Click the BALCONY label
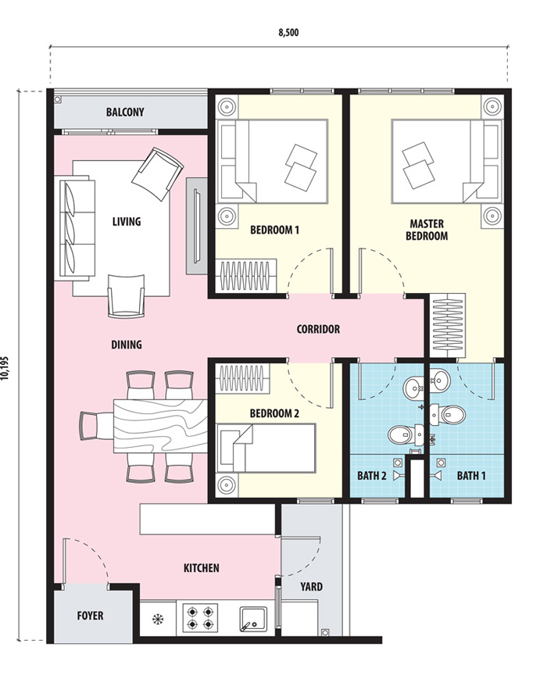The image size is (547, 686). (x=125, y=112)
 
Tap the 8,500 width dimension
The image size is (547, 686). (x=288, y=32)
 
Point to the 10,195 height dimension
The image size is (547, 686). (x=5, y=367)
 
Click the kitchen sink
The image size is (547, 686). (x=253, y=619)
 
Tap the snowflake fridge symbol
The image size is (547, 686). (x=157, y=620)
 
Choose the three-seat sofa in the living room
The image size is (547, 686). (x=77, y=227)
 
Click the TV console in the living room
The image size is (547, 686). (x=196, y=226)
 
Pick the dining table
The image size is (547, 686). (x=160, y=426)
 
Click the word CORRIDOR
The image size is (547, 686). (x=318, y=329)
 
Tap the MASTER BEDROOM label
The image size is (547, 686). (x=427, y=230)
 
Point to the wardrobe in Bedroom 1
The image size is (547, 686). (x=246, y=275)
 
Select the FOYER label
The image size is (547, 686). (x=90, y=616)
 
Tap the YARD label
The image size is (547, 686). (x=311, y=586)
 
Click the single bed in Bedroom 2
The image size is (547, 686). (x=266, y=448)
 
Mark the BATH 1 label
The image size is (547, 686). (x=471, y=476)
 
